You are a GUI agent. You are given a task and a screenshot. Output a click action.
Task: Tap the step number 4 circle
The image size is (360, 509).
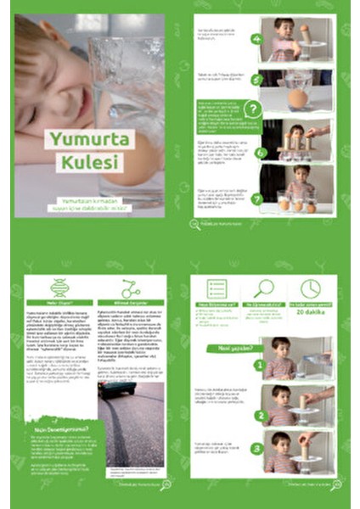[x=256, y=38]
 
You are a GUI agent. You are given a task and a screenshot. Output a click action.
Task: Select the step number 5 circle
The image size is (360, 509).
[x=256, y=80]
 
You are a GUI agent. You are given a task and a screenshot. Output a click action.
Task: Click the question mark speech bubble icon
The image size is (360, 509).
[x=253, y=109]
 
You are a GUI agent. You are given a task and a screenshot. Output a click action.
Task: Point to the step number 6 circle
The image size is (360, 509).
[x=261, y=154]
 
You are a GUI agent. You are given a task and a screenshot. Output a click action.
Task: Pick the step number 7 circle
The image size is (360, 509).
[x=256, y=199]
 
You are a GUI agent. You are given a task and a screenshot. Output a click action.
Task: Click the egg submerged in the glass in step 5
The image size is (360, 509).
[x=297, y=98]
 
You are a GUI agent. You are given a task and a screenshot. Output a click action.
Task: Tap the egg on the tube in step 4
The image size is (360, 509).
[x=304, y=28]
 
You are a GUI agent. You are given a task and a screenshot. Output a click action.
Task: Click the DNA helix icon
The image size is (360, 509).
[x=59, y=288]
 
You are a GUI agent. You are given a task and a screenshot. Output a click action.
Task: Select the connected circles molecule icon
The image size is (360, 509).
[x=130, y=288]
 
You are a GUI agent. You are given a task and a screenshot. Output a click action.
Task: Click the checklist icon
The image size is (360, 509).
[x=217, y=288]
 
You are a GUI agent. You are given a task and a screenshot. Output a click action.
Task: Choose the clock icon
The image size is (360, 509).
[x=310, y=288]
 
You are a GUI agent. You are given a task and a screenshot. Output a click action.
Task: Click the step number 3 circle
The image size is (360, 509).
[x=256, y=449]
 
